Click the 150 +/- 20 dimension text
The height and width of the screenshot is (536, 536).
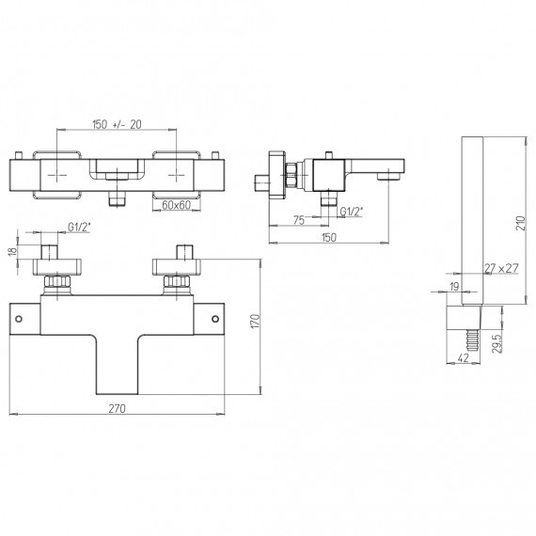pyautogui.click(x=117, y=124)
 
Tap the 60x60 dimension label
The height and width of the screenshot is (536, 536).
pyautogui.click(x=176, y=205)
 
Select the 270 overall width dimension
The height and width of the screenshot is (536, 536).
pyautogui.click(x=117, y=408)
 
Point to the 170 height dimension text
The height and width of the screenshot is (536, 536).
pyautogui.click(x=256, y=322)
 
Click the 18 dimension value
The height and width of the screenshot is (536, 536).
pyautogui.click(x=12, y=251)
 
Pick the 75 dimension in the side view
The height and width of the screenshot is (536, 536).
pyautogui.click(x=299, y=220)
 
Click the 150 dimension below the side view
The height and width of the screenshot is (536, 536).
pyautogui.click(x=329, y=238)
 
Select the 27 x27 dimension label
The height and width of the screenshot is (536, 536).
pyautogui.click(x=501, y=268)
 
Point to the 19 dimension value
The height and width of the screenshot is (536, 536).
pyautogui.click(x=454, y=287)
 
